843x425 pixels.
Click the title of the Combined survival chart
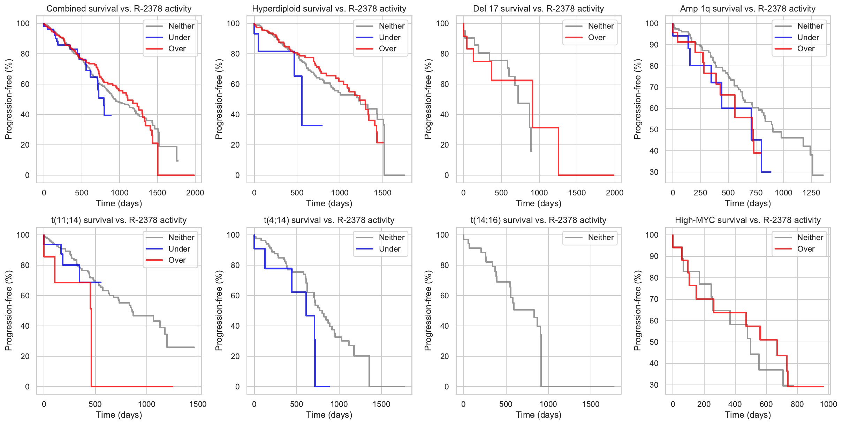tap(119, 9)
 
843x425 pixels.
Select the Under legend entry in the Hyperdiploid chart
tap(389, 37)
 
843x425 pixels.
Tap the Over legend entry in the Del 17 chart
tap(597, 37)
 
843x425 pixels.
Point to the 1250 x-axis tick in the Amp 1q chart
tap(811, 193)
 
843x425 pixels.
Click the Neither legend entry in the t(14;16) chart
tap(600, 238)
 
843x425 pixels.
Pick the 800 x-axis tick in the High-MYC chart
tap(797, 404)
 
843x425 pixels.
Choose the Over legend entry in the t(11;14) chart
tap(177, 260)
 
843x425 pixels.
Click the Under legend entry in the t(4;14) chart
tap(389, 249)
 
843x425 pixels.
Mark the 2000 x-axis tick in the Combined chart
tap(195, 193)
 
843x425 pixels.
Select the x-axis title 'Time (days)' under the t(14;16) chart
tap(538, 415)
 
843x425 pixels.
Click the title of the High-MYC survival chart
tap(747, 220)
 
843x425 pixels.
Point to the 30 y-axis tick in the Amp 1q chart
tap(654, 172)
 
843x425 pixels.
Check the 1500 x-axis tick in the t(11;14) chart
tap(198, 404)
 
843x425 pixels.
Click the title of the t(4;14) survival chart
tap(329, 220)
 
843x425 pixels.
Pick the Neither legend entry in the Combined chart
tap(181, 26)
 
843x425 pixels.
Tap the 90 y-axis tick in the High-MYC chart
tap(654, 256)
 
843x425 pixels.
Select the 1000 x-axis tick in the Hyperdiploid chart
tap(340, 193)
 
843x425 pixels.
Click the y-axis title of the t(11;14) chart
tap(9, 311)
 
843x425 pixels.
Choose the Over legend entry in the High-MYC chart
tap(806, 249)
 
